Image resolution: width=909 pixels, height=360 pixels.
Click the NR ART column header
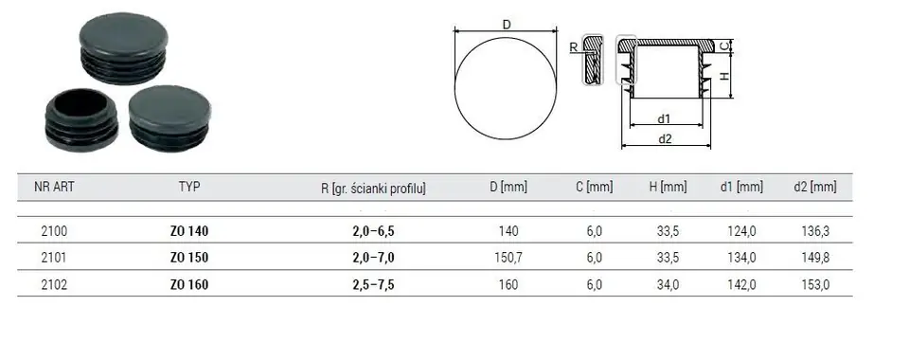(55, 187)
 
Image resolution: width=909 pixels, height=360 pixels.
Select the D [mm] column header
(508, 188)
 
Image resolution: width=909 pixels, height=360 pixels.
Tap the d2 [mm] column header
(815, 187)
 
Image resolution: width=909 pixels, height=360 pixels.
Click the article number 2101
(55, 258)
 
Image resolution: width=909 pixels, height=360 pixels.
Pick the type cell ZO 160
(189, 284)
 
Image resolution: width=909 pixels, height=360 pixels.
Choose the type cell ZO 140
(189, 231)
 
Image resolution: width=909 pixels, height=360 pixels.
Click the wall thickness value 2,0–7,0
(373, 258)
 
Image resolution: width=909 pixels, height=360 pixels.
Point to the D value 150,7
(508, 258)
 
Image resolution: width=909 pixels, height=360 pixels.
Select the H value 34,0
(668, 284)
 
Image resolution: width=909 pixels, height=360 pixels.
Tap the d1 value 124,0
(741, 231)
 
